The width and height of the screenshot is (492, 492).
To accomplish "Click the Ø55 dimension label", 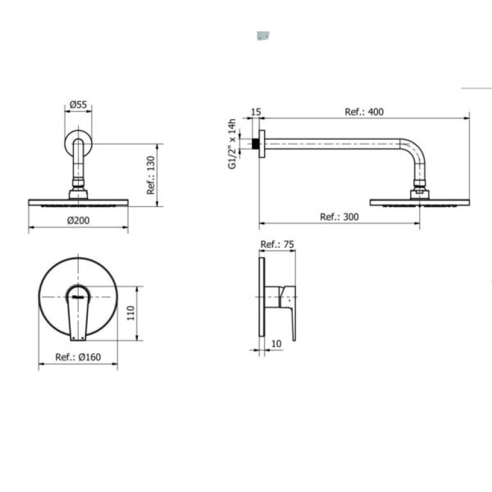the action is click(78, 104).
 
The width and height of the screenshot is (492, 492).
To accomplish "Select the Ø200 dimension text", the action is click(78, 220).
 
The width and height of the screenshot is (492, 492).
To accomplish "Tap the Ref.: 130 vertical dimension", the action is click(151, 175).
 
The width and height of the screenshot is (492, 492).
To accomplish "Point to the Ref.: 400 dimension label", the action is click(364, 111).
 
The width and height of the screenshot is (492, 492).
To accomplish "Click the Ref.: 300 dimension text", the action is click(339, 217).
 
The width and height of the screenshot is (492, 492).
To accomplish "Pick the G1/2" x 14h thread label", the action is click(232, 143).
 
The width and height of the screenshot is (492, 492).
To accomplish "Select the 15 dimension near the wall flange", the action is click(256, 111).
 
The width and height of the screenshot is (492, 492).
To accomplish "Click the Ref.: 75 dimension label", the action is click(277, 244).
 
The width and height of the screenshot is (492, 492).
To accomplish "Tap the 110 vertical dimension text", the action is click(131, 313).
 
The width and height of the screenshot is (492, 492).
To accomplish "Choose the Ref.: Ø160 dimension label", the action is click(78, 357).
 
